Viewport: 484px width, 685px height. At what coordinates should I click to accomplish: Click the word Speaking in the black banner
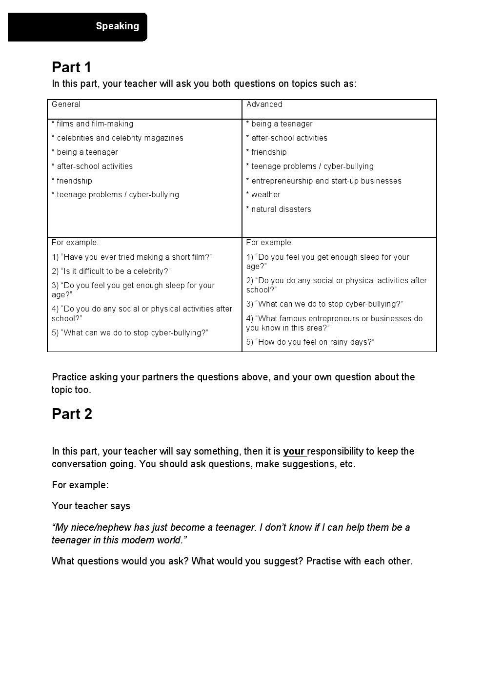[x=117, y=26]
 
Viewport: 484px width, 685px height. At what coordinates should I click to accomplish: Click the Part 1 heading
[x=72, y=67]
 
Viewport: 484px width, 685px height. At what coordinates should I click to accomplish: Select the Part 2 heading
[x=72, y=414]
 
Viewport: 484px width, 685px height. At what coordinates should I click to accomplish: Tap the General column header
[x=66, y=104]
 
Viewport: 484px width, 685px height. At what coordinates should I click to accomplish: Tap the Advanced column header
[x=264, y=104]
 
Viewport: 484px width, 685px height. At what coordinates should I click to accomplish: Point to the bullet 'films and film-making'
[x=93, y=124]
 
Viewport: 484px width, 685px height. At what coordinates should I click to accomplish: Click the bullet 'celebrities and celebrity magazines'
[x=118, y=138]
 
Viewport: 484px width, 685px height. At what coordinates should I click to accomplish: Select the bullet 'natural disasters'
[x=279, y=209]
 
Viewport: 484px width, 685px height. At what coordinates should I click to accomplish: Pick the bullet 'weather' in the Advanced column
[x=263, y=195]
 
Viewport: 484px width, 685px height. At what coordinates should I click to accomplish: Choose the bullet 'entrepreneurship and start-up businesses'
[x=324, y=181]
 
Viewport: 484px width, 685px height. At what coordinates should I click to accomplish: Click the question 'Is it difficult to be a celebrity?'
[x=111, y=271]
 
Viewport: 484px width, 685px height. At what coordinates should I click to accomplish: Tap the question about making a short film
[x=132, y=257]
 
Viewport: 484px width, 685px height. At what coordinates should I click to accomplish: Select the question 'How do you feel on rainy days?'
[x=310, y=342]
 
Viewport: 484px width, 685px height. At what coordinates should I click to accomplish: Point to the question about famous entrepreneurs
[x=334, y=323]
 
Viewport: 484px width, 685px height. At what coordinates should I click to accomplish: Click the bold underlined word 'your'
[x=294, y=452]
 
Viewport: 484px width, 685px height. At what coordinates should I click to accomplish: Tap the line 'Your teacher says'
[x=91, y=506]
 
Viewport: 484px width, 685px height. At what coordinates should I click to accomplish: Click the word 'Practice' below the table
[x=69, y=377]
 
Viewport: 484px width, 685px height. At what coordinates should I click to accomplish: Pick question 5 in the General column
[x=130, y=333]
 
